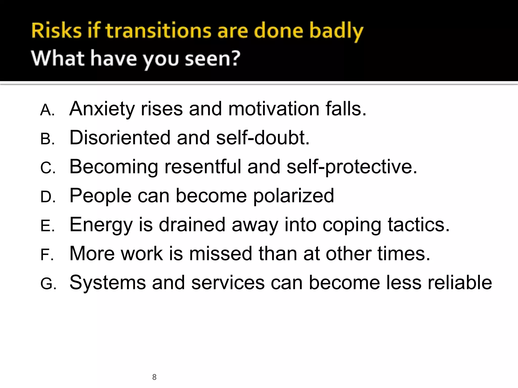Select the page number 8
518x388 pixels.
154,377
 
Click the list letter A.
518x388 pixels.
47,110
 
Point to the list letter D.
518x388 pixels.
47,197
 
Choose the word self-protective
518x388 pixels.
352,167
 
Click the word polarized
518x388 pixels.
294,196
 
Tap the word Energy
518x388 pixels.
101,225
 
